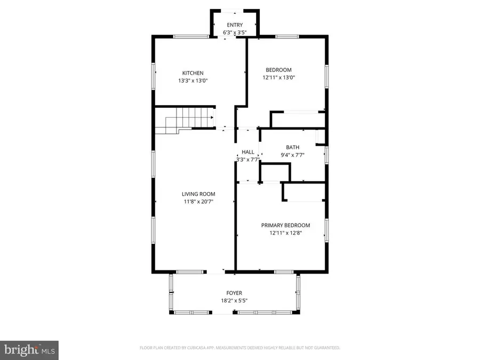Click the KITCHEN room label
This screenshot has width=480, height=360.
(193, 73)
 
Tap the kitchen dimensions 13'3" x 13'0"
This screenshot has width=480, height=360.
(193, 81)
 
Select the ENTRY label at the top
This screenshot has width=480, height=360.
(235, 25)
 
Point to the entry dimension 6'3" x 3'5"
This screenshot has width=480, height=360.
(235, 33)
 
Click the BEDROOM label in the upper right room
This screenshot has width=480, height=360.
(278, 70)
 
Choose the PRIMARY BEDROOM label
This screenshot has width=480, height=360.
(285, 225)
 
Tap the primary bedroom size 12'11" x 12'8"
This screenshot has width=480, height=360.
(285, 233)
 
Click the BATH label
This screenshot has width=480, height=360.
(292, 148)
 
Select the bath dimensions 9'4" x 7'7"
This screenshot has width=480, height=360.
(292, 155)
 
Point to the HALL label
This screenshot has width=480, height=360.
(247, 152)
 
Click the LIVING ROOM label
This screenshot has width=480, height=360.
(198, 194)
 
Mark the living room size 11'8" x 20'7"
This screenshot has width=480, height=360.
(198, 202)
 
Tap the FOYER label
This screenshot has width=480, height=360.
(234, 293)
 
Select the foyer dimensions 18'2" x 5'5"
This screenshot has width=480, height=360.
(234, 301)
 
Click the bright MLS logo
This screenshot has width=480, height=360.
(29, 350)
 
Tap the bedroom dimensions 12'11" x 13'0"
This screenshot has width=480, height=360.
(278, 78)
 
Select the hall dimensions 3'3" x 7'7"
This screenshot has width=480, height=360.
(247, 159)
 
